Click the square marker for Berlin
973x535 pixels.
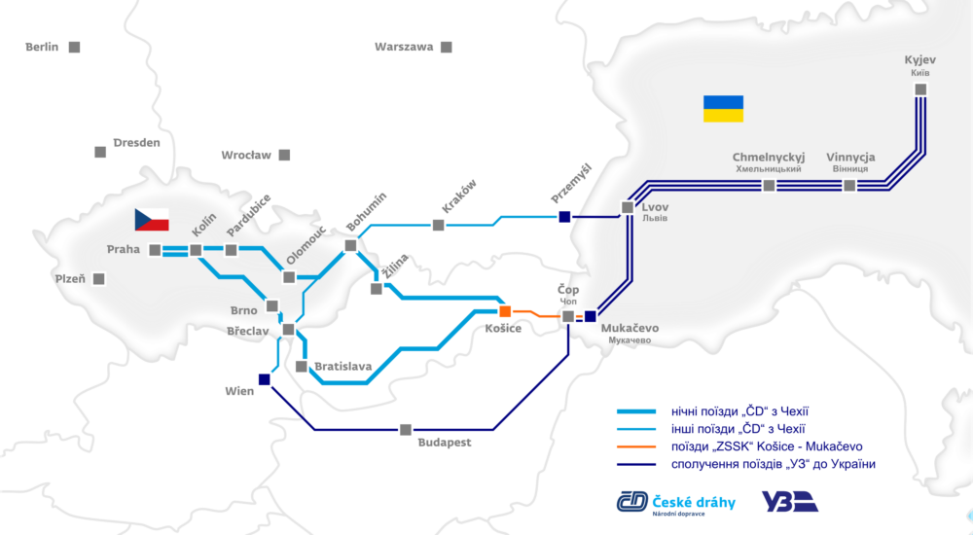point(74,47)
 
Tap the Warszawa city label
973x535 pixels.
point(404,47)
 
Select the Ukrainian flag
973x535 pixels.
point(723,108)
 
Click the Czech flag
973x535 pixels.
point(154,221)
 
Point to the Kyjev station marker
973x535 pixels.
point(919,89)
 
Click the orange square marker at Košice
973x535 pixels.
point(505,311)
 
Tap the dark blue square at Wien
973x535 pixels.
point(265,379)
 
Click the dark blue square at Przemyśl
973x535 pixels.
point(564,217)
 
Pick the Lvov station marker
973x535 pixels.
point(627,207)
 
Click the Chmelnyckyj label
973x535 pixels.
point(769,157)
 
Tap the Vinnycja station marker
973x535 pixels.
point(849,185)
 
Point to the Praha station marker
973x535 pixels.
point(155,250)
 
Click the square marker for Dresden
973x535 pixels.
point(99,152)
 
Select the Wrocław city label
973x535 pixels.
point(246,155)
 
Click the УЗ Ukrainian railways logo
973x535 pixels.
point(789,501)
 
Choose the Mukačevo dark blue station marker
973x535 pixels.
point(590,315)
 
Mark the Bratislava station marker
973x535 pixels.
point(302,367)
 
